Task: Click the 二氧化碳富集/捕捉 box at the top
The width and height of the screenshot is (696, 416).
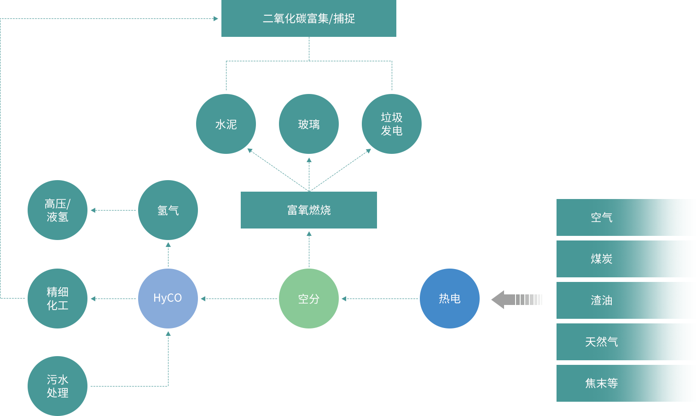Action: tap(308, 18)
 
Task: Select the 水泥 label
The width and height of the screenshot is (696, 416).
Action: tap(226, 124)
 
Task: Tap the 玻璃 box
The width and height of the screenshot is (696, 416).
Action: tap(308, 124)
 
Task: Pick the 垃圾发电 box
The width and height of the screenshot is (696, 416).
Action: tap(391, 124)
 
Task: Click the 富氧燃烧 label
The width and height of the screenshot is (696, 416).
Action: tap(309, 210)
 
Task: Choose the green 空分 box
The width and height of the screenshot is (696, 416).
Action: tap(308, 299)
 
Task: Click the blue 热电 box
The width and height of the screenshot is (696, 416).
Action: tap(449, 299)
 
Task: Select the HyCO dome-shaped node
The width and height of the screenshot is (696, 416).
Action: tap(168, 299)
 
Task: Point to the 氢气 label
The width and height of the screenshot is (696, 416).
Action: tap(168, 211)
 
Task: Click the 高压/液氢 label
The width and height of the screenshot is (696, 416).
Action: tap(58, 210)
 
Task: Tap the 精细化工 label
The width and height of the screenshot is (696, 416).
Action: tap(58, 299)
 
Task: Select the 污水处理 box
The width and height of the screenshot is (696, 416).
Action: tap(58, 386)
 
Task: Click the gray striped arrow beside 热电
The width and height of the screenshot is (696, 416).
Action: tap(516, 300)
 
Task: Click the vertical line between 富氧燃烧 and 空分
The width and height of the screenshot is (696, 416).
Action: tap(309, 251)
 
